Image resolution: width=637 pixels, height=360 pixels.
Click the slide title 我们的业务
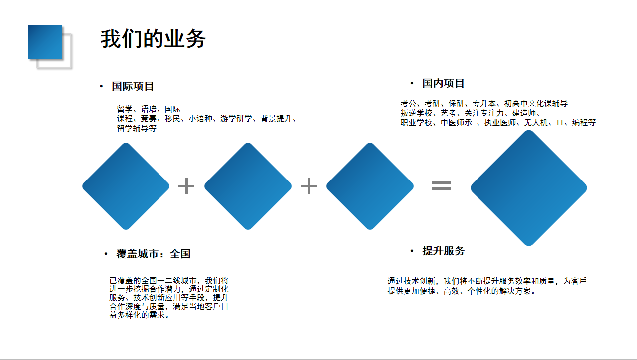tap(153, 39)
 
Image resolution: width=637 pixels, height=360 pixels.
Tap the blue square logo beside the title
tap(45, 42)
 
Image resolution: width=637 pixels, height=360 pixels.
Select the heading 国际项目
tap(133, 86)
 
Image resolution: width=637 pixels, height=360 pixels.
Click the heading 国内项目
tap(443, 83)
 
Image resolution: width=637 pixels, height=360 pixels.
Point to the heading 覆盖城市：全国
tap(154, 254)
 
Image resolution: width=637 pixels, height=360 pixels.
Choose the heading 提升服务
tap(443, 251)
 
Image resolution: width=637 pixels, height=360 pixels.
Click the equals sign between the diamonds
tap(441, 186)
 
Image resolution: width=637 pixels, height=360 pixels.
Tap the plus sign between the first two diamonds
tap(186, 186)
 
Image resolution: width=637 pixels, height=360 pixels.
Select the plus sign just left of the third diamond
tap(309, 186)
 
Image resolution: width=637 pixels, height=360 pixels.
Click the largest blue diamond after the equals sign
tap(529, 188)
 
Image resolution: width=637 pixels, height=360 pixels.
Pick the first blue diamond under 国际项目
tap(126, 186)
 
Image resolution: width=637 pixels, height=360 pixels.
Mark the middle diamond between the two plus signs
tap(248, 186)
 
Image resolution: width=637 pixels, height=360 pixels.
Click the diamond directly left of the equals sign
tap(370, 186)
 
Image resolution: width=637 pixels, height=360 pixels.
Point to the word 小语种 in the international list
tap(200, 118)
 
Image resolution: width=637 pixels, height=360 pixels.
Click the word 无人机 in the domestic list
tap(536, 122)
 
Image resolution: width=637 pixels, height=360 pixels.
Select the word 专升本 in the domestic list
tap(484, 103)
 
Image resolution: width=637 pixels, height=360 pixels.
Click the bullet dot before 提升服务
tap(412, 251)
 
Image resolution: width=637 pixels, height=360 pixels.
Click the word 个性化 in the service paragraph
tap(479, 291)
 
